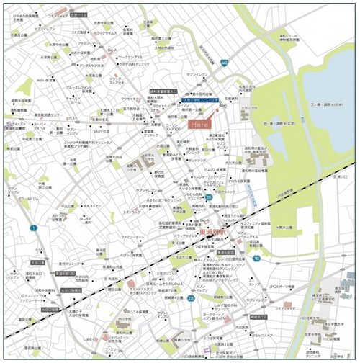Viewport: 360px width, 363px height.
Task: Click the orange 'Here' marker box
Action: (199, 125)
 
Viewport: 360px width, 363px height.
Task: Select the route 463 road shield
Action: (225, 63)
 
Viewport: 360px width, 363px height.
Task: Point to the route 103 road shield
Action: (257, 256)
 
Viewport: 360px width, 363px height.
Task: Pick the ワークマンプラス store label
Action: (132, 55)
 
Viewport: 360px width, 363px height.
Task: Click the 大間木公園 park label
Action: (289, 225)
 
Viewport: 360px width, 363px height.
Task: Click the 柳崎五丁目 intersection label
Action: (258, 317)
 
